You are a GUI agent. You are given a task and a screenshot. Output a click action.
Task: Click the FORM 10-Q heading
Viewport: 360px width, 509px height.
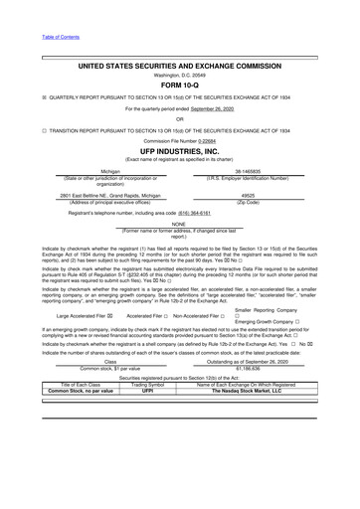180,85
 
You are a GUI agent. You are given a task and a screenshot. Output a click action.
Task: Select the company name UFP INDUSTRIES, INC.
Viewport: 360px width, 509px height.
180,151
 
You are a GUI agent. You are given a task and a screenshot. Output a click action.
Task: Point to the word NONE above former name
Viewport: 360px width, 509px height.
180,225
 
